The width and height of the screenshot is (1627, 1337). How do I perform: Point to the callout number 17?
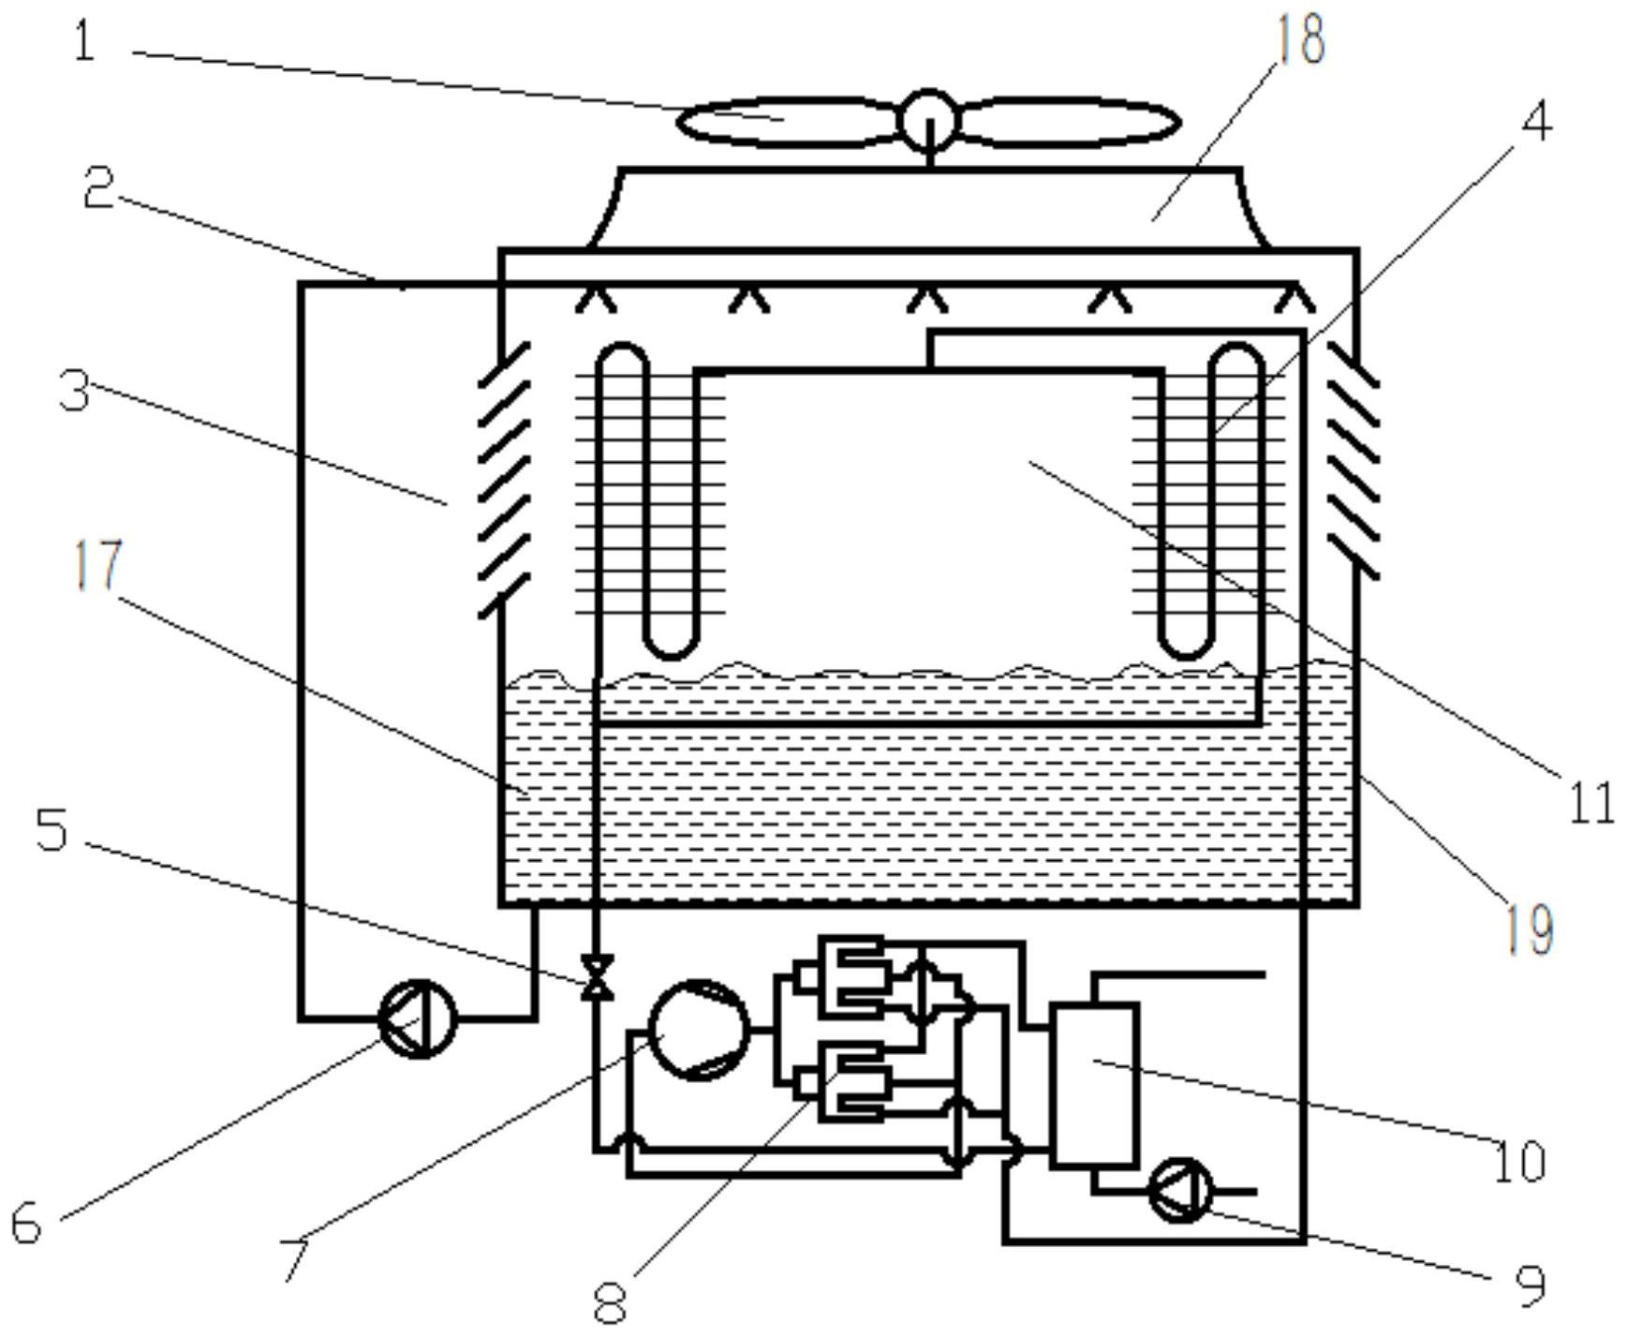[98, 564]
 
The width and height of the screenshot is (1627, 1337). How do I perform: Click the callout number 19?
[1530, 928]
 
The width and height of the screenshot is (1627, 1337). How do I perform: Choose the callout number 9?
[1530, 1285]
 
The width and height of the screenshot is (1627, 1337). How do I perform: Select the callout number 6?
[26, 1223]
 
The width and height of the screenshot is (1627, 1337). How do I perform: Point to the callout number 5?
[52, 830]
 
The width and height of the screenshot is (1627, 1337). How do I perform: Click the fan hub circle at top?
[928, 119]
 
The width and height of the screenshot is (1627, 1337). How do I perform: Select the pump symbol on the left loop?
[418, 1018]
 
